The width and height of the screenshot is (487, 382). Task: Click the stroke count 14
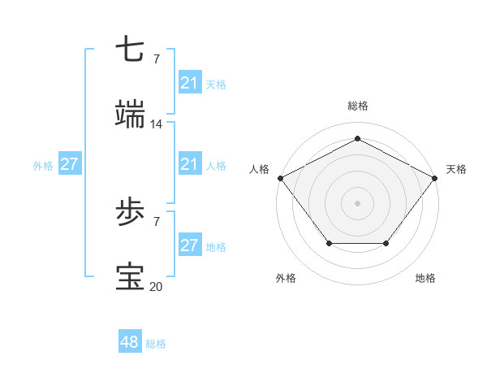pos(157,124)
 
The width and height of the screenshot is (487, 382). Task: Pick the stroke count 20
pos(157,286)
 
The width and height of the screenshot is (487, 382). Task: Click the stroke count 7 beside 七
pos(156,59)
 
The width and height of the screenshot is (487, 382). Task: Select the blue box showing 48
pos(130,342)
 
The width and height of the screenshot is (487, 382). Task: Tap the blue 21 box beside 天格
pos(189,83)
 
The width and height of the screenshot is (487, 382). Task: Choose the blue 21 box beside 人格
pos(189,165)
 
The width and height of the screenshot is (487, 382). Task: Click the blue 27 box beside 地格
pos(189,245)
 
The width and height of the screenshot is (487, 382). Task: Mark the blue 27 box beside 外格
pos(70,163)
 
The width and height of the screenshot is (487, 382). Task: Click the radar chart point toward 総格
pos(357,139)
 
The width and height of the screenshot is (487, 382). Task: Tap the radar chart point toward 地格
pos(386,243)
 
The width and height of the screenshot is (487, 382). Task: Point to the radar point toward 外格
pos(329,243)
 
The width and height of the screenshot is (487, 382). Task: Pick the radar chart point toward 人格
pos(280,177)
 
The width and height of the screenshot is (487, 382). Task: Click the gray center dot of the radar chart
pos(357,202)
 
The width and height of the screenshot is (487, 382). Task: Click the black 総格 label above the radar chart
pos(357,106)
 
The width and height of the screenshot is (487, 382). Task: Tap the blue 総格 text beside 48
pos(156,344)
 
